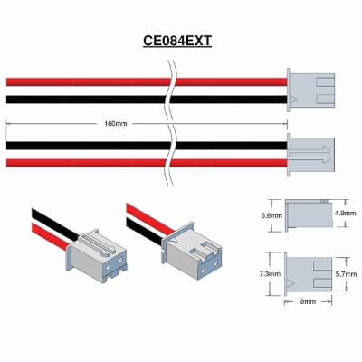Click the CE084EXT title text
pos(177,41)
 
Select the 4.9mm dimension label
pos(345,214)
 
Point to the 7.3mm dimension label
pos(270,274)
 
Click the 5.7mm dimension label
pos(346,274)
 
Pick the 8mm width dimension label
pos(308,301)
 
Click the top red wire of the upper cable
pos(147,81)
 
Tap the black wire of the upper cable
pos(147,100)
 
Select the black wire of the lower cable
pos(147,146)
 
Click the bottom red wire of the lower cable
pos(147,163)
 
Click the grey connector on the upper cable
pos(310,90)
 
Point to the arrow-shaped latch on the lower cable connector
pos(310,155)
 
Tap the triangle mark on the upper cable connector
pos(293,100)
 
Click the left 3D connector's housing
pos(97,256)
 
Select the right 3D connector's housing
pos(192,250)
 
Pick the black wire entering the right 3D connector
pos(145,232)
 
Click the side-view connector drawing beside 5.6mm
pos(309,214)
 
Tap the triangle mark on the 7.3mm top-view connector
pos(291,283)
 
